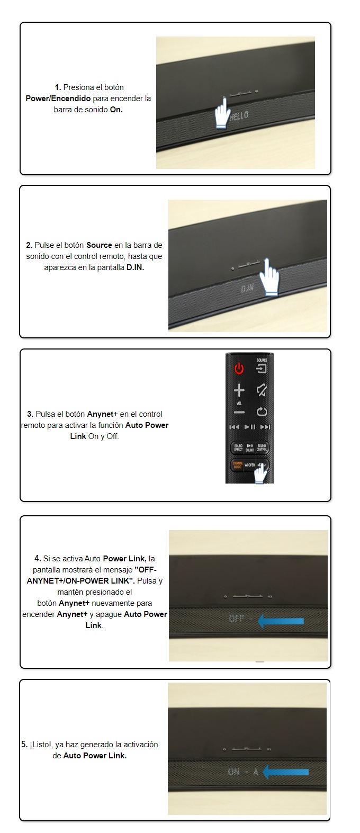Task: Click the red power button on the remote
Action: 239,368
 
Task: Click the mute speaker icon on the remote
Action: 262,390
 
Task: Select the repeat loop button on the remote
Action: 262,411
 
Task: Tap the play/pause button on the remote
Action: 250,427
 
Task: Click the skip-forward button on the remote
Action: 265,427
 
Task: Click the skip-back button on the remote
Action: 234,427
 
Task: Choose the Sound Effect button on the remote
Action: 238,447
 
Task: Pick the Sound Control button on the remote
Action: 262,447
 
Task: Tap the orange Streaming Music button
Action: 238,465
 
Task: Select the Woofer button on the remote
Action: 250,465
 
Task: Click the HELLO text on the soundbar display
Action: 239,115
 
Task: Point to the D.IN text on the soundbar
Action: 247,288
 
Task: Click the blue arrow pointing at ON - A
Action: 285,771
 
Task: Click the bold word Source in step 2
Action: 99,245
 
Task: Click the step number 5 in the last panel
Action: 24,744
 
